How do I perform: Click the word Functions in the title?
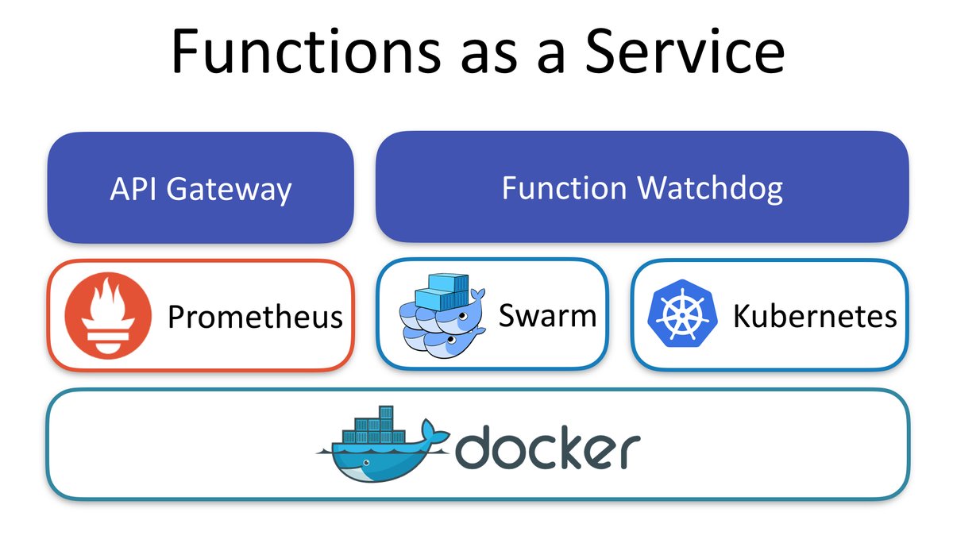tap(303, 51)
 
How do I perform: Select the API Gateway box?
tap(200, 187)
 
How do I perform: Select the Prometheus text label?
tap(255, 317)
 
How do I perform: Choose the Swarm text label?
tap(547, 315)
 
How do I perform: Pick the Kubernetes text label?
tap(814, 316)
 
